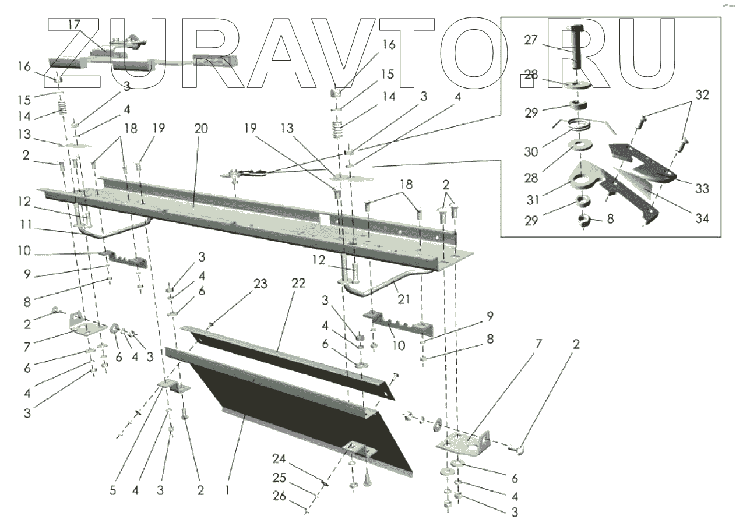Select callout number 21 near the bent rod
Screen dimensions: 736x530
[x=404, y=299]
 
